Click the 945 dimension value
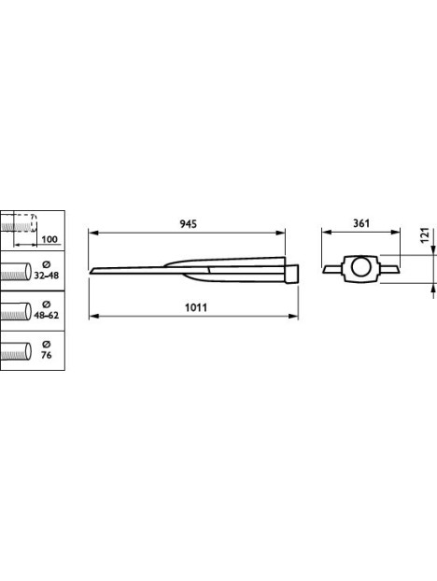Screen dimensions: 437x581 click(188, 224)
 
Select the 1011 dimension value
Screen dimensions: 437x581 click(196, 307)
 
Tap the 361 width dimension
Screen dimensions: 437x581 click(361, 223)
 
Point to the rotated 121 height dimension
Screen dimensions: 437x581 click(425, 234)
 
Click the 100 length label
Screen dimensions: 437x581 click(49, 239)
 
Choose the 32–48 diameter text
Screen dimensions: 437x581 click(47, 276)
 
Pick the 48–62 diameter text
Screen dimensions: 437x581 click(47, 316)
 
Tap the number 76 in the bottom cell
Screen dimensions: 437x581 click(47, 355)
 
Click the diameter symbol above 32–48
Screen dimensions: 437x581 click(47, 264)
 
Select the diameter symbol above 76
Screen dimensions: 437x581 click(47, 345)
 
